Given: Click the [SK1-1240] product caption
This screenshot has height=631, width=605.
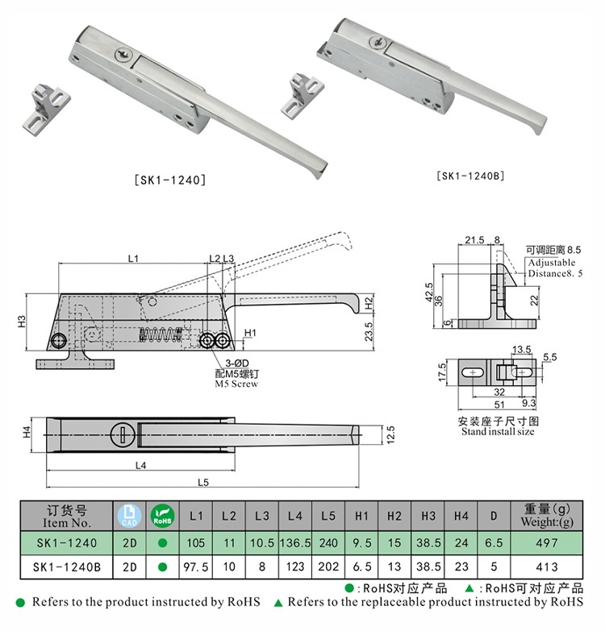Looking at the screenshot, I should pyautogui.click(x=169, y=181).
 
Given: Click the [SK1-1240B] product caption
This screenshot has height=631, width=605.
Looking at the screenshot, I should pyautogui.click(x=470, y=175).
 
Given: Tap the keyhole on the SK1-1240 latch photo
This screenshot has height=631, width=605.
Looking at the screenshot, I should pyautogui.click(x=120, y=54).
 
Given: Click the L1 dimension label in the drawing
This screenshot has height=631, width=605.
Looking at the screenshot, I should pyautogui.click(x=133, y=258).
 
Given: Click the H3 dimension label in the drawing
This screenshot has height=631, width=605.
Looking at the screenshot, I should pyautogui.click(x=23, y=321).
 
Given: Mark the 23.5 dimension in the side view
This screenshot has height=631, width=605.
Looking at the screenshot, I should pyautogui.click(x=365, y=330).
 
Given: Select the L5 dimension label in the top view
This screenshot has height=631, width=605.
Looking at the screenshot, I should pyautogui.click(x=203, y=482).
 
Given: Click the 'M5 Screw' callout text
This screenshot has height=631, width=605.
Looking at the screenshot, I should pyautogui.click(x=236, y=384).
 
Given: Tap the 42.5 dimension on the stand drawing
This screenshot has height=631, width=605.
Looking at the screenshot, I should pyautogui.click(x=429, y=291).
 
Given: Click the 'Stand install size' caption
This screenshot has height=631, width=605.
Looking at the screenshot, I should pyautogui.click(x=498, y=431).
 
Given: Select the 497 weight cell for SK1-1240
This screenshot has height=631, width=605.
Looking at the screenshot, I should pyautogui.click(x=546, y=543).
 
